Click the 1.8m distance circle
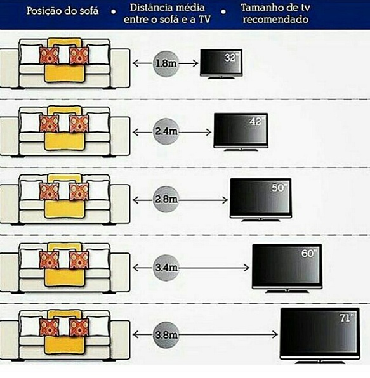click(166, 63)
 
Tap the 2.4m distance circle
click(166, 132)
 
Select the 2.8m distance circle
click(166, 199)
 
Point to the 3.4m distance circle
click(166, 268)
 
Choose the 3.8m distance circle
click(166, 335)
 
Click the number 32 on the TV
click(230, 58)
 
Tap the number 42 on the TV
click(255, 121)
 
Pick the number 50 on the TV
click(277, 188)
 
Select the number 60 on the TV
click(308, 253)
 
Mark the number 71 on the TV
click(345, 318)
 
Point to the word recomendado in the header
click(275, 19)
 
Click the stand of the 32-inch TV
click(221, 77)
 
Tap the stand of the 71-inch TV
click(320, 362)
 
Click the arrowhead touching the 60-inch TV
click(247, 268)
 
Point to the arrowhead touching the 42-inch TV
click(209, 132)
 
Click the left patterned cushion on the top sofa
click(49, 56)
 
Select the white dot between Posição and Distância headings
click(113, 11)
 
